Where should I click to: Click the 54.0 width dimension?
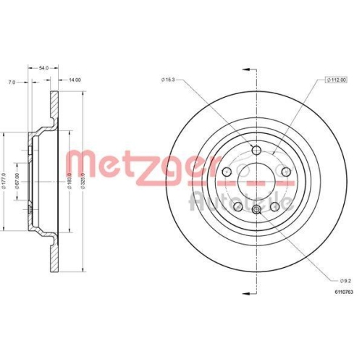pos(43,67)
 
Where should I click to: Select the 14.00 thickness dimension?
pos(75,81)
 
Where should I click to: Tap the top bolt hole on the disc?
pos(256,149)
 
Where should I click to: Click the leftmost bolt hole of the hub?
pos(226,172)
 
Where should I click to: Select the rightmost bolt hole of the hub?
pos(286,172)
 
